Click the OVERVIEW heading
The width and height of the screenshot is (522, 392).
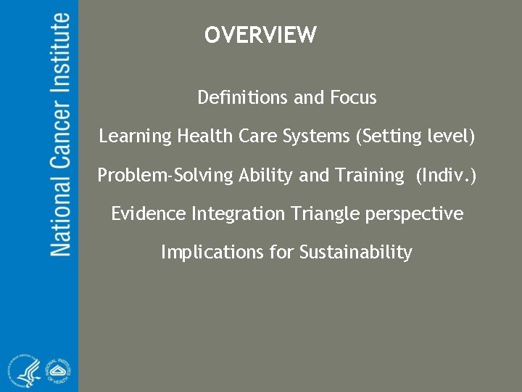tap(260, 35)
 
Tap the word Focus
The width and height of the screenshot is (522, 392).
tap(353, 97)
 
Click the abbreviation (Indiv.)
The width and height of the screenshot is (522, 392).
tap(447, 175)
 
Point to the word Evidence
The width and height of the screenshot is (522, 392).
tap(148, 213)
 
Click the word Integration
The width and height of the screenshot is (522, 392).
tap(238, 214)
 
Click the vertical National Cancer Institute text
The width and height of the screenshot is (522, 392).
tap(60, 134)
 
